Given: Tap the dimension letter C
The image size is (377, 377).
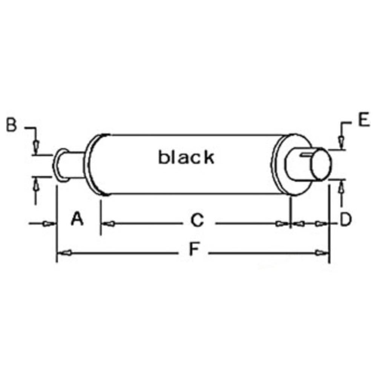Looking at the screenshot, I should pyautogui.click(x=197, y=220).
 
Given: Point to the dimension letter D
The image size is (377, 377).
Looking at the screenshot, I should pyautogui.click(x=345, y=220).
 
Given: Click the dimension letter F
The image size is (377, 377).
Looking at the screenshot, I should pyautogui.click(x=193, y=250).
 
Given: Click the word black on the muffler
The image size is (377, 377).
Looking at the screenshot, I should pyautogui.click(x=186, y=157).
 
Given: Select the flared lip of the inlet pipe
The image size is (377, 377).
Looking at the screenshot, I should pyautogui.click(x=58, y=165).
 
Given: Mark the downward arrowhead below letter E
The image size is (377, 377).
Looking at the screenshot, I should pyautogui.click(x=341, y=143).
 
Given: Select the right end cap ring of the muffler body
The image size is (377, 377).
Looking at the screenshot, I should pyautogui.click(x=277, y=165).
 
